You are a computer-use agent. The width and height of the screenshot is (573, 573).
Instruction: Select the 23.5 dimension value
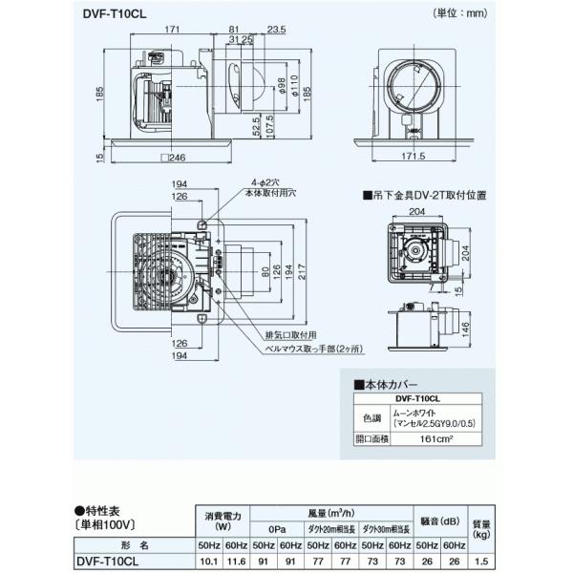(x=278, y=30)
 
